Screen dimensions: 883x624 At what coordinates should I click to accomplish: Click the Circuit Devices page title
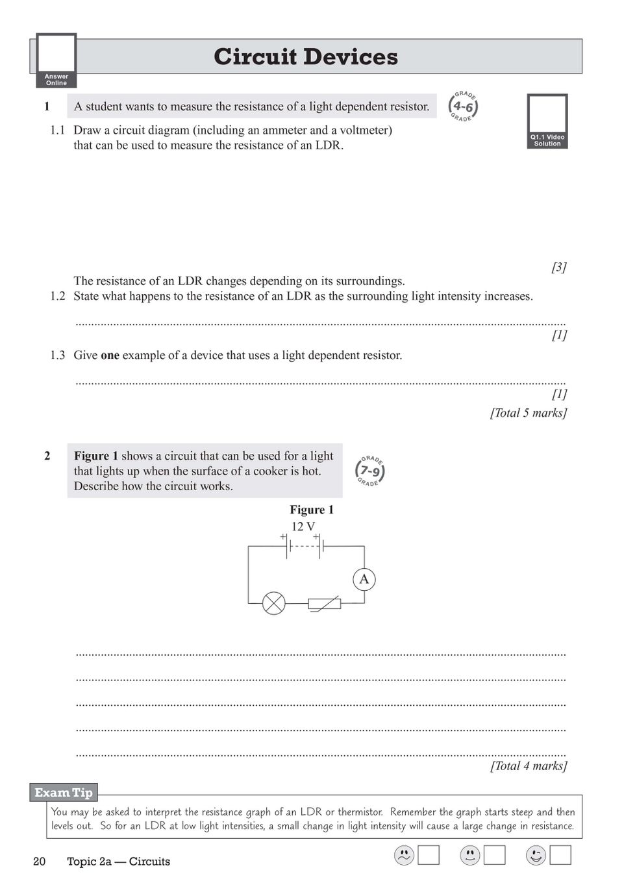(x=306, y=57)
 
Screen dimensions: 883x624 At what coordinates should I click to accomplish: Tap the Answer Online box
(x=56, y=60)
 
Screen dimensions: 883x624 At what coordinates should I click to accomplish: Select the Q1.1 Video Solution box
(x=547, y=121)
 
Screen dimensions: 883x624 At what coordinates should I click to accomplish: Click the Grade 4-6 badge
(x=463, y=106)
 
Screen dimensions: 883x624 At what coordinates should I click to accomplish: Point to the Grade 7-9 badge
(x=370, y=471)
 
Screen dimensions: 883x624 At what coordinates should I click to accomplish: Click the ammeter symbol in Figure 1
(x=364, y=579)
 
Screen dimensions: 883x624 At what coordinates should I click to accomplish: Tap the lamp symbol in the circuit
(x=273, y=603)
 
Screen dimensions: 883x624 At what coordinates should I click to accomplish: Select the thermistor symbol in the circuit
(x=325, y=604)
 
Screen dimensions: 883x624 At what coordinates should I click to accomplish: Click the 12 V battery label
(x=303, y=527)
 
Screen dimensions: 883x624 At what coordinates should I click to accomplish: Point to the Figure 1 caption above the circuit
(x=312, y=510)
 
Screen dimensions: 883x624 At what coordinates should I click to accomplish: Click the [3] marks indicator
(x=558, y=267)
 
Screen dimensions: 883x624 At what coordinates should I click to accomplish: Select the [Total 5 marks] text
(x=528, y=413)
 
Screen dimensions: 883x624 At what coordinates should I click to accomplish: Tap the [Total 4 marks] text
(x=528, y=766)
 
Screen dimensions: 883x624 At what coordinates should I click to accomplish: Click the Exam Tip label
(x=64, y=793)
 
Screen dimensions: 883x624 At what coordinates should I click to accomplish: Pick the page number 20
(x=40, y=862)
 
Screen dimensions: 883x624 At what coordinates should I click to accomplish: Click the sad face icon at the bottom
(x=404, y=856)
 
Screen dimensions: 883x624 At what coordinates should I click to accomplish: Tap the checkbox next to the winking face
(x=560, y=855)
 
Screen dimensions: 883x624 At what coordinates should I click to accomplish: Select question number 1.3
(x=58, y=355)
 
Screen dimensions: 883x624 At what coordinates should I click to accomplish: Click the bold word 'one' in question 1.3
(x=110, y=355)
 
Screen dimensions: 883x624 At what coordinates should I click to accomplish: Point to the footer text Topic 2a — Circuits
(x=118, y=862)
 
